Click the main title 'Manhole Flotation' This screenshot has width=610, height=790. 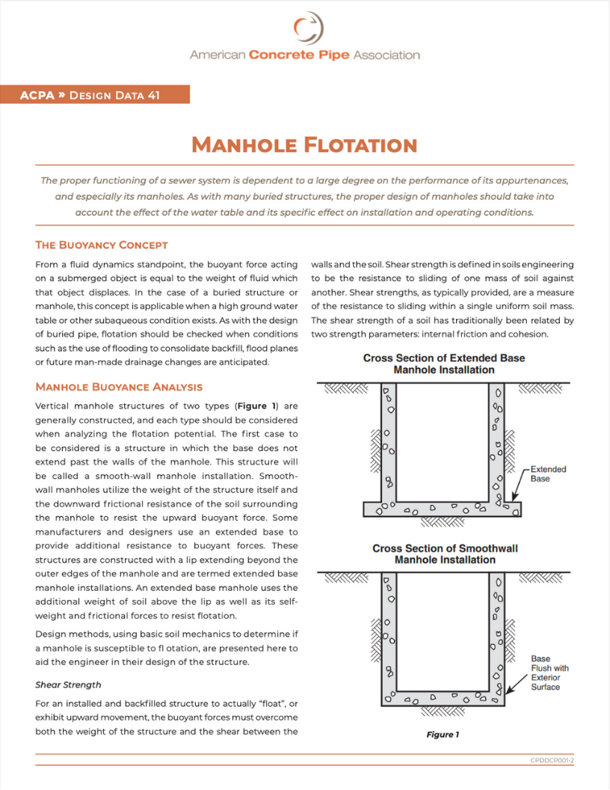[304, 144]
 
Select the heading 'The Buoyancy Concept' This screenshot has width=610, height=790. [102, 245]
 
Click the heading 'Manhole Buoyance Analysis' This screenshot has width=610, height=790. [119, 387]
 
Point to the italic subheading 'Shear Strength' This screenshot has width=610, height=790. [68, 685]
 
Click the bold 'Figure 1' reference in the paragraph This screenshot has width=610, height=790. [258, 406]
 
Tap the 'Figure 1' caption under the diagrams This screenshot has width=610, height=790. [443, 734]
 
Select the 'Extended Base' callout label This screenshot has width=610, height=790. [548, 474]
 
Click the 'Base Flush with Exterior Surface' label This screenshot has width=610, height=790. [549, 673]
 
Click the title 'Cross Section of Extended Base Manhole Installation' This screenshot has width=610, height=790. [444, 364]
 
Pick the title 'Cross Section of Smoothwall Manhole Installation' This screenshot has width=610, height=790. [444, 554]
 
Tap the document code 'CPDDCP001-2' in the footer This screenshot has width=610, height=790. [552, 759]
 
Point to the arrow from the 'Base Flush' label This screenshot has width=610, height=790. [517, 685]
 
